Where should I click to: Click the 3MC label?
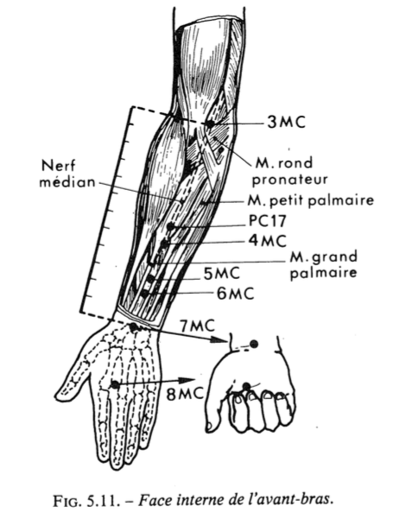click(286, 122)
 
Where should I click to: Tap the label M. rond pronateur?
click(289, 171)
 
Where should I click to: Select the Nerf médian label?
click(67, 174)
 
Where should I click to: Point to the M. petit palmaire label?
click(310, 199)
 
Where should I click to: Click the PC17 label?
click(267, 220)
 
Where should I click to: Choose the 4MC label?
click(267, 240)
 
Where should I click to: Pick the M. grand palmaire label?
click(324, 264)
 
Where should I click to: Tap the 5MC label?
click(222, 274)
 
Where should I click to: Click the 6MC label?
click(236, 294)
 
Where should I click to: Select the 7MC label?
click(197, 326)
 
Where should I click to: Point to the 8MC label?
click(185, 394)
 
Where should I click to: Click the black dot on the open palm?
click(115, 384)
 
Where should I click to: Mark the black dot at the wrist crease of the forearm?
click(134, 326)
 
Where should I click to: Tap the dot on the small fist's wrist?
click(254, 344)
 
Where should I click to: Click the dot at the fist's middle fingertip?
click(247, 387)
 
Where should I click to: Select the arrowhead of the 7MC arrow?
click(218, 339)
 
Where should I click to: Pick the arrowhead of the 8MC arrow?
click(187, 381)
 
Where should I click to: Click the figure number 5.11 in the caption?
click(106, 500)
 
